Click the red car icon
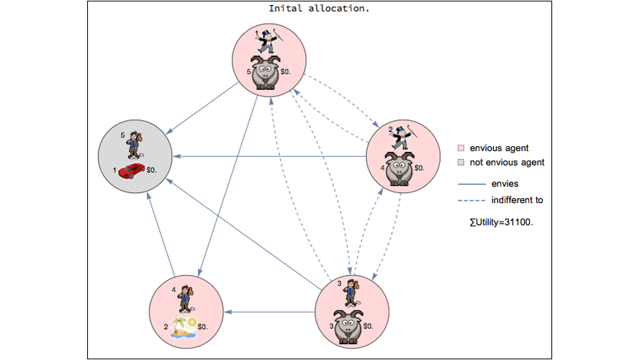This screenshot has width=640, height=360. pos(131,171)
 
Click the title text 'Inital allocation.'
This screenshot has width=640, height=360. pos(324,9)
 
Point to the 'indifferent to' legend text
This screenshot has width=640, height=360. pos(517,200)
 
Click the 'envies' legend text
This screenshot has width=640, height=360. pos(505,184)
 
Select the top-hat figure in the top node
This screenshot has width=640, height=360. pos(269,40)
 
